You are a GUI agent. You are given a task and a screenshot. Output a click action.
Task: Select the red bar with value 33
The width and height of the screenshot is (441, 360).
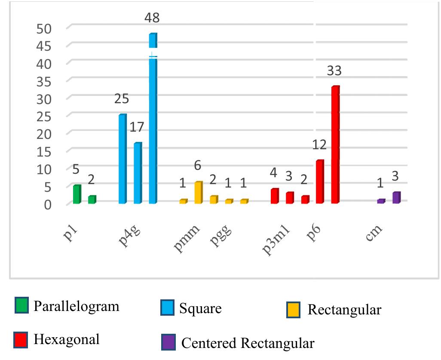[x=335, y=145]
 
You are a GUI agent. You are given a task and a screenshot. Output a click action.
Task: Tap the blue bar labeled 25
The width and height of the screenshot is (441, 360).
[x=122, y=159]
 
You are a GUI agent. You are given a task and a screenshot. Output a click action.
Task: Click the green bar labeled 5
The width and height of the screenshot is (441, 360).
[x=77, y=194]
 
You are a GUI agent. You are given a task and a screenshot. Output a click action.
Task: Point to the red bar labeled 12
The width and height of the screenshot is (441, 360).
[x=320, y=182]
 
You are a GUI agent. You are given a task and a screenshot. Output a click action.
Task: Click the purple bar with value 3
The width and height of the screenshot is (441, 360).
[x=396, y=197]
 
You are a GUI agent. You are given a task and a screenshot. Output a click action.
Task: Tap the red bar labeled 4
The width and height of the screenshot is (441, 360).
[x=275, y=196]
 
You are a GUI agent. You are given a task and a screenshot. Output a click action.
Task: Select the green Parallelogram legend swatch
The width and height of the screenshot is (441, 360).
[x=21, y=305]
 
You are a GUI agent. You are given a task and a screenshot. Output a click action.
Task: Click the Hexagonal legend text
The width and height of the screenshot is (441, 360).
[x=67, y=339]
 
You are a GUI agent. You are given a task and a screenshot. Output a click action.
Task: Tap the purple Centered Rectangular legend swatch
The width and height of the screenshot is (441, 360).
[x=168, y=342]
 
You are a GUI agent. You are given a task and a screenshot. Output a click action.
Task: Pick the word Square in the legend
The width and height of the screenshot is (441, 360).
[x=200, y=308]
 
